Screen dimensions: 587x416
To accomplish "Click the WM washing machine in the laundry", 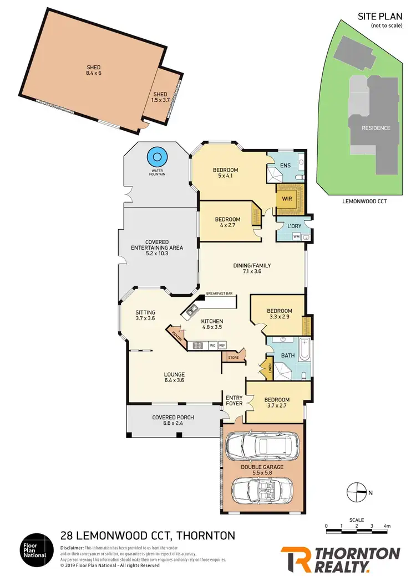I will (x=296, y=236).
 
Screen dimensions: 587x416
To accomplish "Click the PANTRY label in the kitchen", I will (x=177, y=335).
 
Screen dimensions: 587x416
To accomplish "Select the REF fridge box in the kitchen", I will (x=222, y=346).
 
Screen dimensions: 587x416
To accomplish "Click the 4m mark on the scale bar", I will (x=387, y=526).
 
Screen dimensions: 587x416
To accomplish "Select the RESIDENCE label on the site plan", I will (x=376, y=128).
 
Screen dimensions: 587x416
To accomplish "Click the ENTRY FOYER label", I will (x=234, y=400).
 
